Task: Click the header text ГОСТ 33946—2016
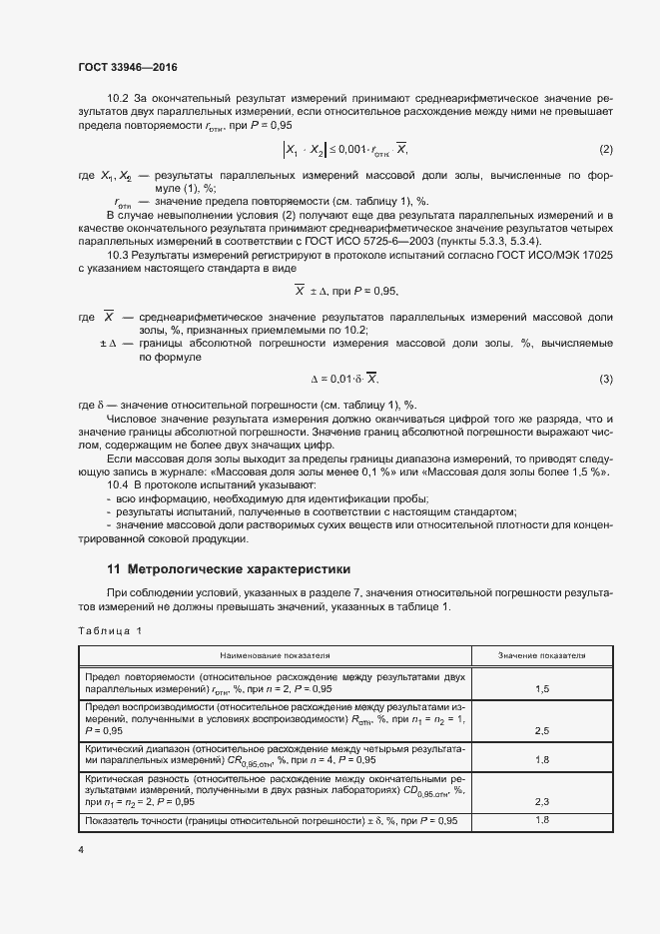tap(127, 67)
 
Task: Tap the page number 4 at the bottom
tap(80, 850)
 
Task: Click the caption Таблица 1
tap(110, 629)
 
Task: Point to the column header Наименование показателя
tap(275, 655)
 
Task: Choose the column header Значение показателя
tap(542, 655)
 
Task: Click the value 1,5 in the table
tap(542, 688)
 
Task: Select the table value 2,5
tap(542, 731)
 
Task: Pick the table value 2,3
tap(542, 801)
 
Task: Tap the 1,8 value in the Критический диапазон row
tap(542, 759)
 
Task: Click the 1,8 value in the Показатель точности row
tap(542, 820)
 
